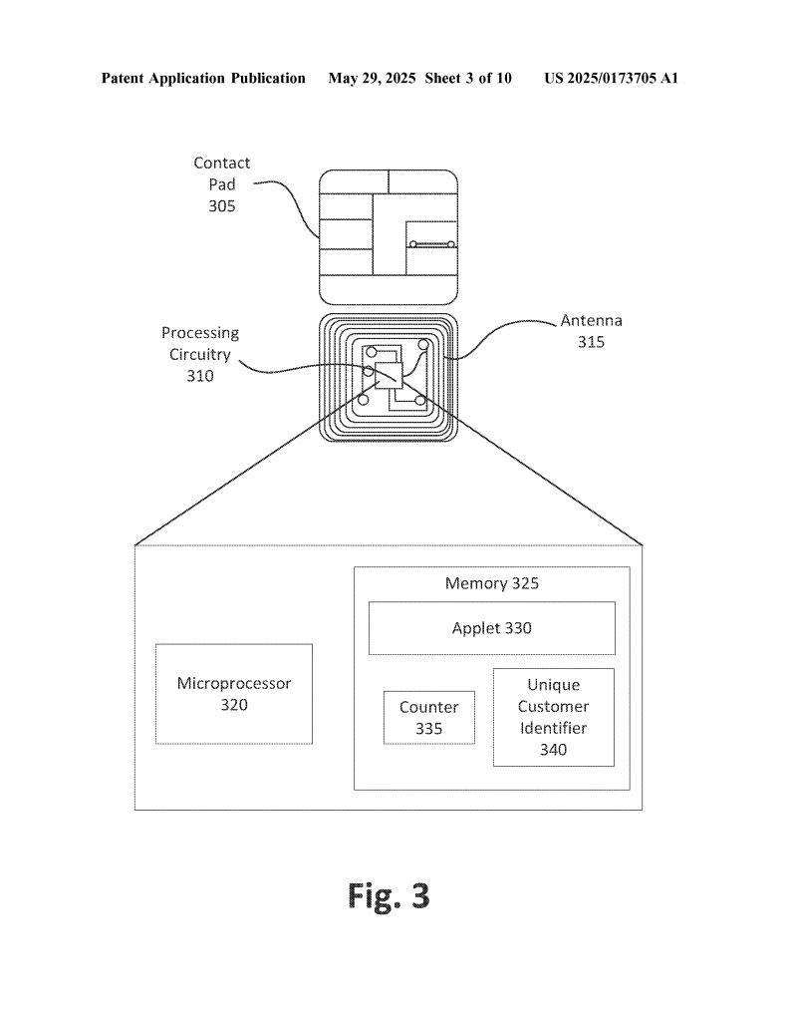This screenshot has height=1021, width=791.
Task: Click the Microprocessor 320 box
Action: [233, 694]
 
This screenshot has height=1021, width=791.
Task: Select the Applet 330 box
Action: [492, 628]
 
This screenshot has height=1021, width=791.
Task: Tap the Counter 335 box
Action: [429, 718]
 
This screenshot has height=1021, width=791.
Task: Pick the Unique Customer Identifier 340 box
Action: [554, 717]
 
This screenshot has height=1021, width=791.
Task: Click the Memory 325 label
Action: [492, 582]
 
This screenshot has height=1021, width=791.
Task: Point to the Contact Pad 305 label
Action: [222, 184]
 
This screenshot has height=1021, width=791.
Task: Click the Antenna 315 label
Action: [592, 331]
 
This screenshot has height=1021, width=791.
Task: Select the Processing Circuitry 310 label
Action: [200, 354]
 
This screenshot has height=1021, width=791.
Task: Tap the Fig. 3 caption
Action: [389, 895]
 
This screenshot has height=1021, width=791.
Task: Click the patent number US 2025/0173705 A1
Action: [611, 78]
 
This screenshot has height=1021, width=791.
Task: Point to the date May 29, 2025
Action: [372, 78]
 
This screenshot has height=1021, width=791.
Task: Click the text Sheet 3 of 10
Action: [468, 78]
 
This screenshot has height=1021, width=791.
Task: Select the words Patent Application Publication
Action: [203, 78]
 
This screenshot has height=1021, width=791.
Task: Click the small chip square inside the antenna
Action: [389, 376]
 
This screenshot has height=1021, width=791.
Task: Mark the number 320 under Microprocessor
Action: [233, 705]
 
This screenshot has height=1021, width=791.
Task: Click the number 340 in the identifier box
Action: [554, 750]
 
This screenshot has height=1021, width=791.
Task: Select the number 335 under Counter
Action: [429, 729]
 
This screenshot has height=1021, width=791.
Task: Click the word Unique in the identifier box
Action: [554, 685]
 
